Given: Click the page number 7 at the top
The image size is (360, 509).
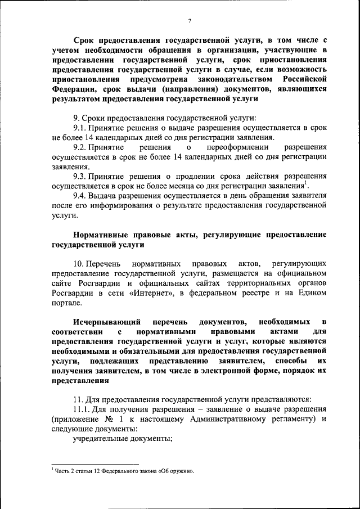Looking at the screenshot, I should [x=190, y=21].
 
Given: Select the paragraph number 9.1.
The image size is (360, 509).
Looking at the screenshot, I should [x=82, y=128].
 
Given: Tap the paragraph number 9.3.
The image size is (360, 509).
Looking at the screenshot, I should [x=82, y=175].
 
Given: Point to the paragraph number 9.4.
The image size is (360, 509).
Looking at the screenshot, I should [x=82, y=195].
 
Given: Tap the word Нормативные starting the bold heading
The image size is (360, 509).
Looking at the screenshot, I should [x=100, y=234].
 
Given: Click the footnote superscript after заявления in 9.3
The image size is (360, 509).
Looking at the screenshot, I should [x=305, y=183].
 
